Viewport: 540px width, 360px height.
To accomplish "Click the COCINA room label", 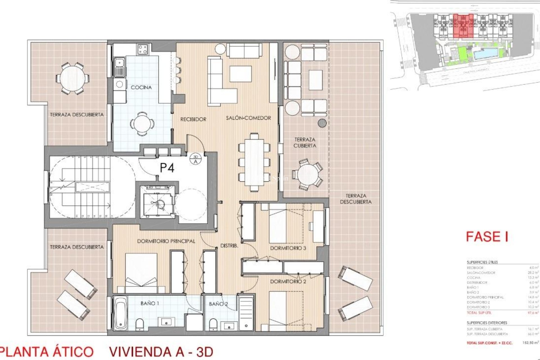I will (x=141, y=87).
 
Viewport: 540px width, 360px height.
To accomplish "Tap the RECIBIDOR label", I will (x=193, y=119).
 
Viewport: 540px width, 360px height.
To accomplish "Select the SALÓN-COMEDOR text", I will (x=248, y=118).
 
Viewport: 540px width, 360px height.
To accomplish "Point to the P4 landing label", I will (x=167, y=168).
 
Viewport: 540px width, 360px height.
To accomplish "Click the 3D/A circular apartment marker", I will (x=196, y=159).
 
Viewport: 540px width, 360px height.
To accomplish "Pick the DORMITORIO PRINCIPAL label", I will (x=166, y=241).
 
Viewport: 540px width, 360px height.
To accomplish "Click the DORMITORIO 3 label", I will (x=288, y=248).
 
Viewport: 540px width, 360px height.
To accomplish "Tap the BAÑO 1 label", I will (x=150, y=303).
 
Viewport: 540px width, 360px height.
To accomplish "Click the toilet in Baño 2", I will (x=213, y=324).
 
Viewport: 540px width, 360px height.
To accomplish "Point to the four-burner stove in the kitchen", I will (x=143, y=49).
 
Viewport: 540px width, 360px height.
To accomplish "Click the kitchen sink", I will (x=120, y=67).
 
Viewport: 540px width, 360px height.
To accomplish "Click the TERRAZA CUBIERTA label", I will (x=305, y=143).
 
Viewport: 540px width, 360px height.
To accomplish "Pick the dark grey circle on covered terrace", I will (x=322, y=123).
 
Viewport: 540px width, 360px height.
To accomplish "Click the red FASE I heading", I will (x=487, y=237).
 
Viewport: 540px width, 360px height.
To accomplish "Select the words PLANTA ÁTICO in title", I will (x=46, y=352).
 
